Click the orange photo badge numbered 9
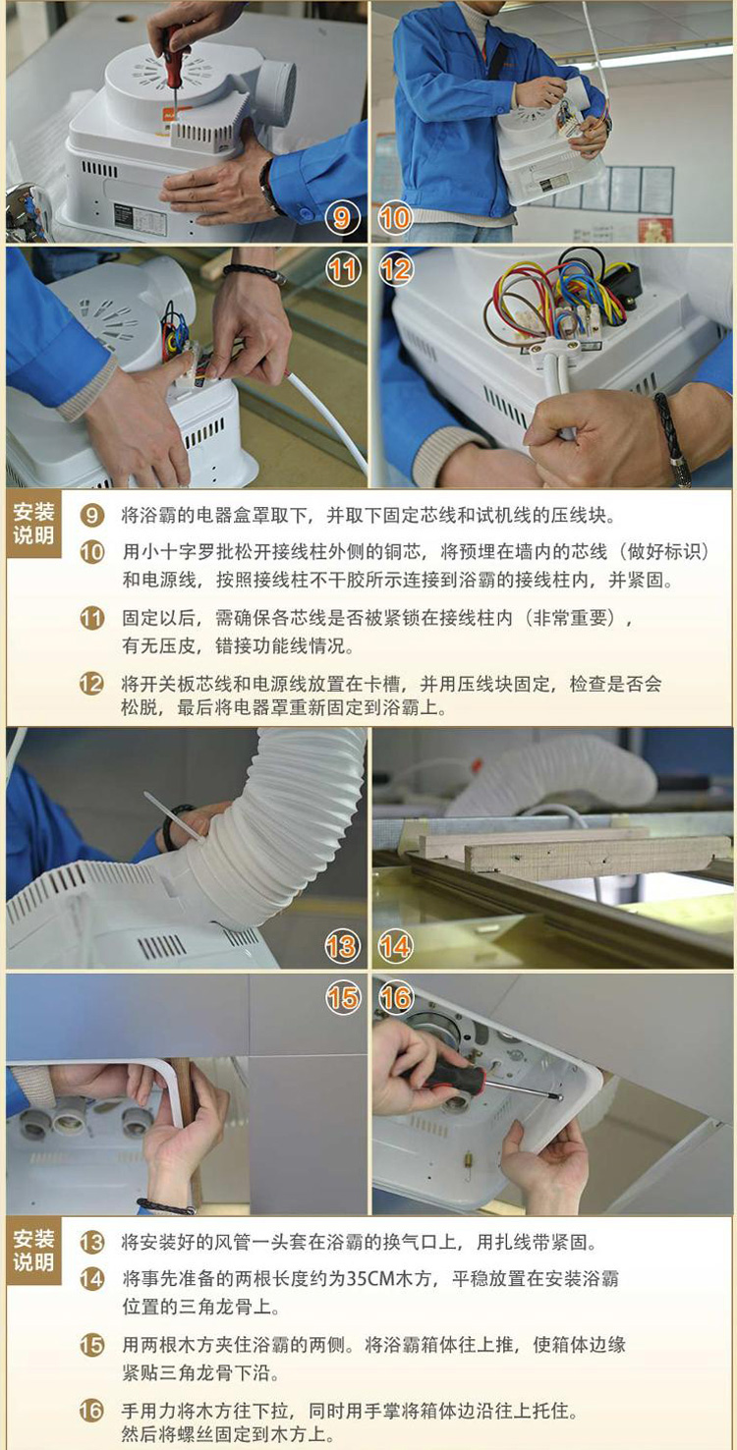coord(342,218)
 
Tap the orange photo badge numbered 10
coord(395,218)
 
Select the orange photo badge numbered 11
coord(343,269)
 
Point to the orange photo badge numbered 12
coord(396,269)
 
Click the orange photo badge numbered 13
coord(342,946)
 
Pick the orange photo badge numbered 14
coord(396,946)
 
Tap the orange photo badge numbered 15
coord(343,997)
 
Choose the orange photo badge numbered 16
coord(396,997)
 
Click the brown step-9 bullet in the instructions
coord(92,516)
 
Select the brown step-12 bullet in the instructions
coord(92,684)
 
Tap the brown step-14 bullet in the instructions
coord(92,1278)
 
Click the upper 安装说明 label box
coord(33,525)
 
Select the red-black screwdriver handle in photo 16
coord(450,1075)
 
